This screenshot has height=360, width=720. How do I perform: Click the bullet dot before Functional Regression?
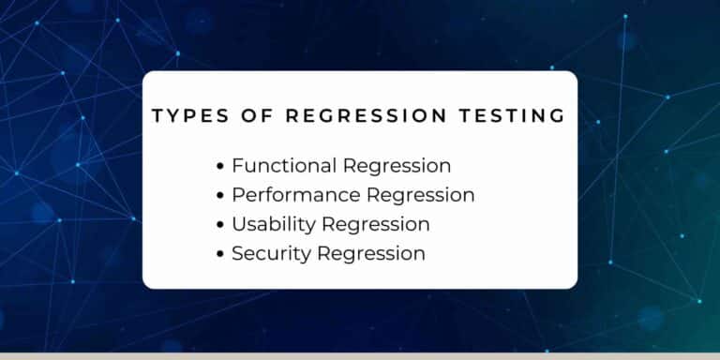[220, 167]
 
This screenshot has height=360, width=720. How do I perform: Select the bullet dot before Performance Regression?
[220, 196]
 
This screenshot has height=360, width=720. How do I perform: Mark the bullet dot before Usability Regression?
[220, 225]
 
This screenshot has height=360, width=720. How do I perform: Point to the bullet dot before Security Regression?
[220, 254]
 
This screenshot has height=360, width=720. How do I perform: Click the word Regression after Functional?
[397, 167]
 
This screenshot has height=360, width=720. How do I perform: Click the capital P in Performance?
[238, 195]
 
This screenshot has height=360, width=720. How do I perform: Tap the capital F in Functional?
[237, 166]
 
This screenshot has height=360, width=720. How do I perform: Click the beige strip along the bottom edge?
[360, 356]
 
